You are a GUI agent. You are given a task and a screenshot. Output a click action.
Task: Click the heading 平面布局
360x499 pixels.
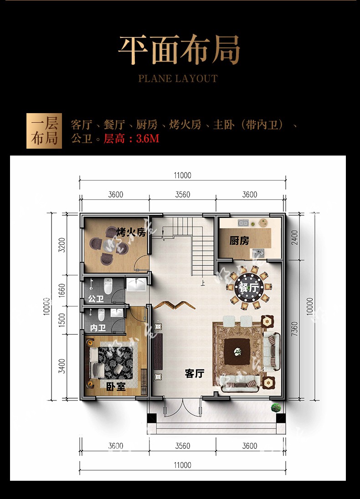click(x=179, y=50)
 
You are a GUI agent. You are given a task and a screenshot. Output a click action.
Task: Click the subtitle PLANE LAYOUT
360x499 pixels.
click(x=178, y=78)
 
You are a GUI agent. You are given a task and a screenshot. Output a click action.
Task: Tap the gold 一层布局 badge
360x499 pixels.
click(x=44, y=131)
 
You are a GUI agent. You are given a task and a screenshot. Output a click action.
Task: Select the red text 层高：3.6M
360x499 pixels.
click(x=131, y=139)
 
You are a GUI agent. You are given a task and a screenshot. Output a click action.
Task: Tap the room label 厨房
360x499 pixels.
click(x=239, y=240)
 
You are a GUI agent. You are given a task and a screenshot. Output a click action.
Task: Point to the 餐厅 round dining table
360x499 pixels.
click(x=249, y=288)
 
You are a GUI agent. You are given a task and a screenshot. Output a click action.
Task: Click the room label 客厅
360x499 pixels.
click(x=194, y=373)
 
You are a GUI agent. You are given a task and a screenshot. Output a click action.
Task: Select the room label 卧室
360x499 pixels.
click(x=116, y=387)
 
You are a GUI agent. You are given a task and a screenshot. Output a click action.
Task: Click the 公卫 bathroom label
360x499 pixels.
click(x=96, y=299)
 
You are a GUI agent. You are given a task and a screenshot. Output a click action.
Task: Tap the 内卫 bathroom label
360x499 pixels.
click(x=98, y=328)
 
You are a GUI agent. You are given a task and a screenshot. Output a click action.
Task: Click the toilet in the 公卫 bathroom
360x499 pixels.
click(x=108, y=286)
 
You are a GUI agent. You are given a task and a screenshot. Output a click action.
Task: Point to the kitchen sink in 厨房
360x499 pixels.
click(x=243, y=223)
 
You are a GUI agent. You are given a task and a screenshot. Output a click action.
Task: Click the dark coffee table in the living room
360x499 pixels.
click(x=237, y=352)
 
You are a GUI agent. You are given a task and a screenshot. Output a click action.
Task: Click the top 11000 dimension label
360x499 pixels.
click(x=183, y=175)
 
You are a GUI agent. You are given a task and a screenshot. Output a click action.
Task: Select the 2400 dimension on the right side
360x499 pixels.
click(x=294, y=237)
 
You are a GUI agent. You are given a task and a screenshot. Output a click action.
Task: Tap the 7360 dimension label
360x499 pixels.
click(x=294, y=329)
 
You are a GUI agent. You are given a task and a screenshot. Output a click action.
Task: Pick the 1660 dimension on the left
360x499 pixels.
click(x=62, y=291)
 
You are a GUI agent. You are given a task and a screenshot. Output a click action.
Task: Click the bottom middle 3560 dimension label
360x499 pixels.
click(x=183, y=446)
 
